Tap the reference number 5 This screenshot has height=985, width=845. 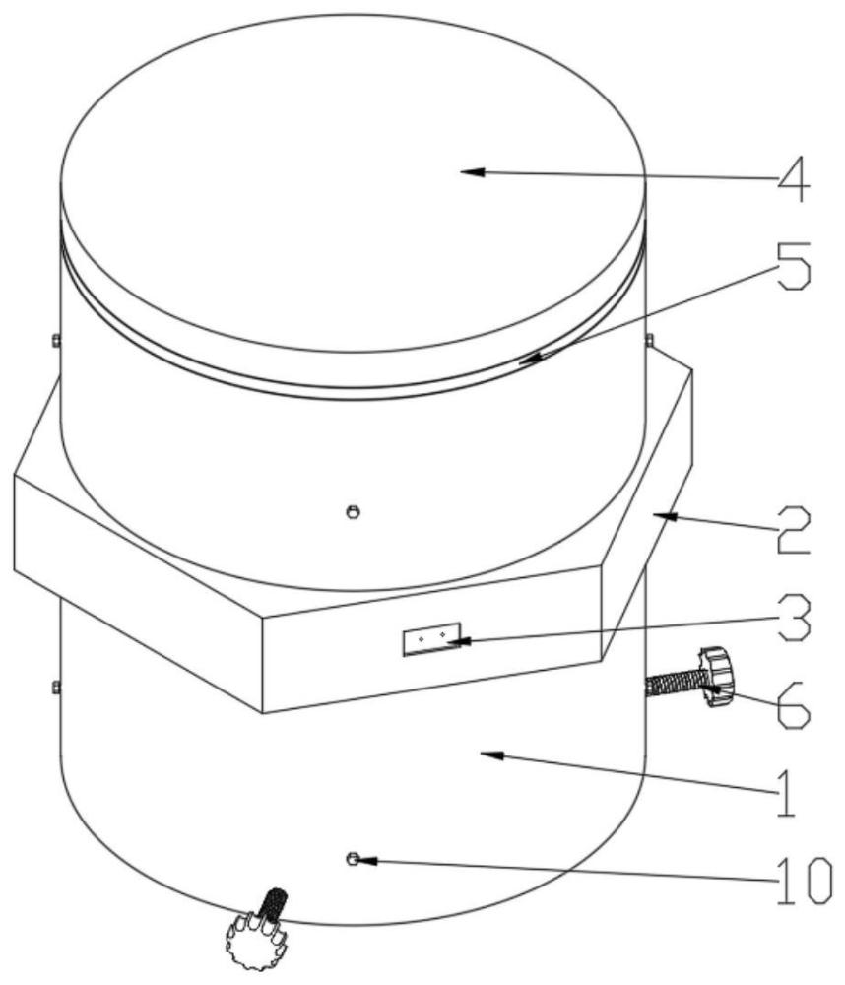point(794,266)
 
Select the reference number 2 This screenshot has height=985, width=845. point(794,530)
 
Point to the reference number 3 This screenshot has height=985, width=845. point(794,619)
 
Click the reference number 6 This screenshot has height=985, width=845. point(794,706)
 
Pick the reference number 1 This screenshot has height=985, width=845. point(785,794)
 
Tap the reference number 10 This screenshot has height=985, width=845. point(805,882)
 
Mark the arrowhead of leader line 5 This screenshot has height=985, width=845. point(529,359)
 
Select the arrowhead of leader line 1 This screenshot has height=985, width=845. point(491,755)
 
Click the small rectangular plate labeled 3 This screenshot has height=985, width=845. point(431,639)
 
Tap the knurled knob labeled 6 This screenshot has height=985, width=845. point(716,676)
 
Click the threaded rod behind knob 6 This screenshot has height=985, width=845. point(674,683)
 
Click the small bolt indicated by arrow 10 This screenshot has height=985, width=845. point(353,859)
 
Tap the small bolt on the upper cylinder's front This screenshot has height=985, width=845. point(354,512)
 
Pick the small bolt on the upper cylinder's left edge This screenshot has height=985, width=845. point(56,341)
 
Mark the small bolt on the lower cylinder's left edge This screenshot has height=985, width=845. point(56,688)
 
